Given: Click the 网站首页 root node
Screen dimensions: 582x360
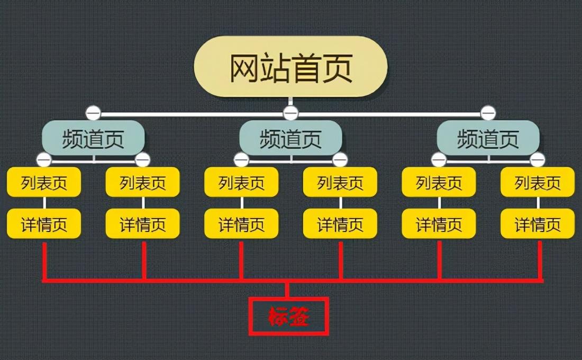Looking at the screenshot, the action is click(x=290, y=67).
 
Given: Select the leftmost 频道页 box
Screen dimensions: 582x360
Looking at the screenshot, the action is click(x=93, y=138).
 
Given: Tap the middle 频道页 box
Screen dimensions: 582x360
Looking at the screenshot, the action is click(x=290, y=138).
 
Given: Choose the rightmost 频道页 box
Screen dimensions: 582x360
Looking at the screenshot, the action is click(x=488, y=138).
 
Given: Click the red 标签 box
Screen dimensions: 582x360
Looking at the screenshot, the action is click(x=288, y=316).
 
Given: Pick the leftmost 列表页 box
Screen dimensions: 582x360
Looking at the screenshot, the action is click(x=44, y=182).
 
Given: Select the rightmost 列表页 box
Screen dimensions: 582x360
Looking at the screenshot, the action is click(x=538, y=182).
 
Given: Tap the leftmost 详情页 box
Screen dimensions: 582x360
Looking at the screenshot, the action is click(x=44, y=223).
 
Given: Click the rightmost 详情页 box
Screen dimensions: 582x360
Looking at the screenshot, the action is click(x=538, y=223).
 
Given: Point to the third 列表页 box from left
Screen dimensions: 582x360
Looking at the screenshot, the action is click(x=241, y=182).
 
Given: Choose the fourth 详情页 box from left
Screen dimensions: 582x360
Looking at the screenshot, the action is click(x=340, y=223).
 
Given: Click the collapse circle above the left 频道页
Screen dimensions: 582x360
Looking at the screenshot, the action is click(x=93, y=113).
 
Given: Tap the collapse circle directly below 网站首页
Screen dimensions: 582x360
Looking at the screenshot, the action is click(x=290, y=113).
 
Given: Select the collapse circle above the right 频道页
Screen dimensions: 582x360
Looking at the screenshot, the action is click(x=488, y=113).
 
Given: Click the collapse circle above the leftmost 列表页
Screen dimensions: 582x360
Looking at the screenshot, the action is click(x=44, y=160).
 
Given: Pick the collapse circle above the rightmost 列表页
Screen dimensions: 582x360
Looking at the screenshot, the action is click(x=538, y=160).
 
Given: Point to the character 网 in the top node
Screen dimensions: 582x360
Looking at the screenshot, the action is click(x=244, y=68).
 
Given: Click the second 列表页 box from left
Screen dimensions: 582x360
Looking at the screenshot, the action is click(x=142, y=182).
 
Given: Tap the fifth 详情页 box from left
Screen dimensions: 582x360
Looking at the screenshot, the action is click(x=439, y=223).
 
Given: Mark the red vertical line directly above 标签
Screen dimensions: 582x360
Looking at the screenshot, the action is click(x=287, y=290).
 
